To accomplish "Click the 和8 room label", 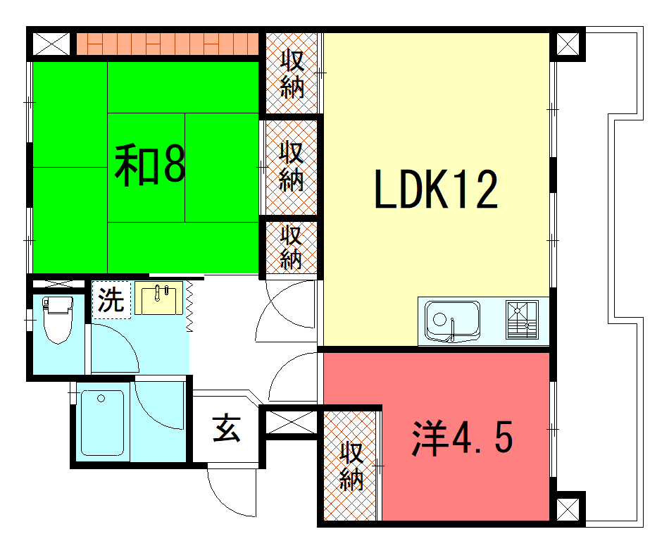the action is point(150,166).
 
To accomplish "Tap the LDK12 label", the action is point(436,189).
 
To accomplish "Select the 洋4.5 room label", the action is point(462,437).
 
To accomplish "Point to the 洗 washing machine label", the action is point(111,300).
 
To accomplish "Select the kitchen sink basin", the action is point(453,321).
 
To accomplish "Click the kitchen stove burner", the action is point(521,320).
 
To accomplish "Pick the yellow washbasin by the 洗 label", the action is point(158,298).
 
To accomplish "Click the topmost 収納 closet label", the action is point(292,74).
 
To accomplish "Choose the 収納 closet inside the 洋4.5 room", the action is point(351,466).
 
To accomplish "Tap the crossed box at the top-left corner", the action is point(51,44).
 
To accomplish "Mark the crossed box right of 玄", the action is point(292,423).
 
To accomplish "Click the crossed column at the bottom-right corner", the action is point(568,509).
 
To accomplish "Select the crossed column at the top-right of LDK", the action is point(568,44).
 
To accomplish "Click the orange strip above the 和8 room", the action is point(168,44).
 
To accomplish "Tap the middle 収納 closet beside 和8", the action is point(292,166).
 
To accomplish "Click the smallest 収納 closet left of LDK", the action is point(292,247).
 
